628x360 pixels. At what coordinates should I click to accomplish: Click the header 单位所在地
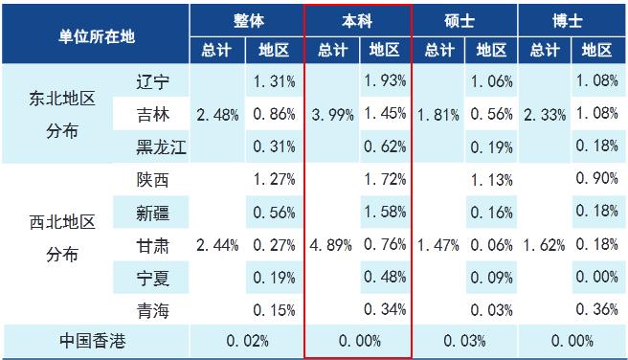(x=96, y=34)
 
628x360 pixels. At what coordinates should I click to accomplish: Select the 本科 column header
(x=358, y=19)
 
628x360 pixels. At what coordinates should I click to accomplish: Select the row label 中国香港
(x=96, y=340)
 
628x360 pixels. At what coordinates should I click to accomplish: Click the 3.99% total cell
(x=332, y=115)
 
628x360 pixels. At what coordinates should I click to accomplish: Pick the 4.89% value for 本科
(x=332, y=245)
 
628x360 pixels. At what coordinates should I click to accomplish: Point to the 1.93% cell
(x=385, y=82)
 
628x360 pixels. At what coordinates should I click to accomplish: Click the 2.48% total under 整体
(x=216, y=115)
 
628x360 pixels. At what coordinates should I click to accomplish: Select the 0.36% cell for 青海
(x=597, y=309)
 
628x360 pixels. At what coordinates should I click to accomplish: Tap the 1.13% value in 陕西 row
(x=491, y=179)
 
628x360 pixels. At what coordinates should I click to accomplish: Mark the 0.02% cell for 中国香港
(x=247, y=340)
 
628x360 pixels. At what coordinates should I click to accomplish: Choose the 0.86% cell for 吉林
(x=274, y=115)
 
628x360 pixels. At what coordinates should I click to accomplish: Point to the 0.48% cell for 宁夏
(x=385, y=277)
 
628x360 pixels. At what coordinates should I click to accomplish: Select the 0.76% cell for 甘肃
(x=385, y=245)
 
